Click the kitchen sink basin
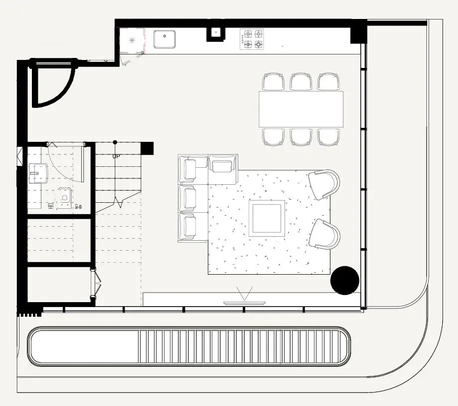165,39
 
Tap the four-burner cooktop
252,39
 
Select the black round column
345,280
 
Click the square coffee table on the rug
267,218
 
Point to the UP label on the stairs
116,157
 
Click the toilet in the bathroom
65,198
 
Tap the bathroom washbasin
38,173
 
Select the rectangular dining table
301,109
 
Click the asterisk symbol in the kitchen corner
132,40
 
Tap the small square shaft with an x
216,32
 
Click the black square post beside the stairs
147,148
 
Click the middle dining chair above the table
301,82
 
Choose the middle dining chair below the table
301,137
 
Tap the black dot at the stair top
115,142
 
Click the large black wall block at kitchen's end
358,32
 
